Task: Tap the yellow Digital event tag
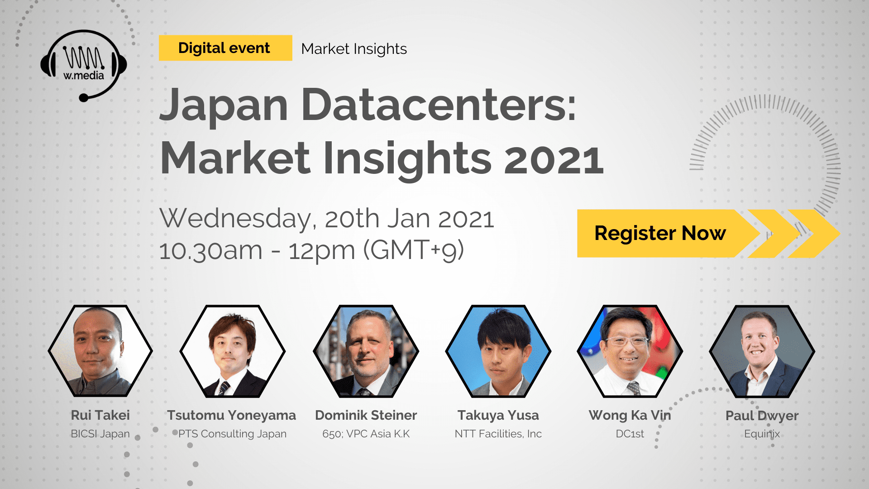(x=225, y=48)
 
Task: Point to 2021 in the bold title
(x=554, y=159)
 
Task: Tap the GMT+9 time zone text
(x=414, y=250)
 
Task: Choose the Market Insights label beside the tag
(x=354, y=49)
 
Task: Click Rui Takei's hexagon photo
(x=100, y=351)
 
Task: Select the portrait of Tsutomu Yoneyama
(x=232, y=351)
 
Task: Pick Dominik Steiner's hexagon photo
(x=366, y=351)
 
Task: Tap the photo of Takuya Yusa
(x=498, y=351)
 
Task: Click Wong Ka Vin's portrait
(x=630, y=351)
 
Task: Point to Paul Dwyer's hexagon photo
(x=762, y=351)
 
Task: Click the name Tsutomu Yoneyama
(x=231, y=415)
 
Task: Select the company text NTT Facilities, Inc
(x=498, y=434)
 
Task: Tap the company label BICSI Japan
(x=100, y=434)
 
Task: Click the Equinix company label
(x=762, y=434)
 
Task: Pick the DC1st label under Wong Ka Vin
(x=630, y=434)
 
